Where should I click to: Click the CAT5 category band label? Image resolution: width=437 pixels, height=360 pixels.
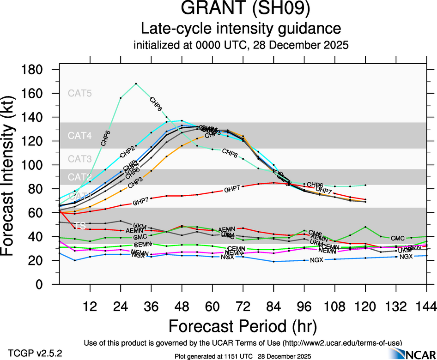[x=80, y=93]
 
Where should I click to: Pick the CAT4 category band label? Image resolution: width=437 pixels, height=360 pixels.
[x=80, y=136]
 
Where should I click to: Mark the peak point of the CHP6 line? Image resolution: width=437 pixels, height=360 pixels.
[x=136, y=84]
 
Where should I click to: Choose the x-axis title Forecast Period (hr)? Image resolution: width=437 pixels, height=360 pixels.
[x=243, y=325]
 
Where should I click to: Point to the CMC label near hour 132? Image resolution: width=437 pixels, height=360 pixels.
[x=398, y=238]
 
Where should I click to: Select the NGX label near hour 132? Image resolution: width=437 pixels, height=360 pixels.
[x=406, y=257]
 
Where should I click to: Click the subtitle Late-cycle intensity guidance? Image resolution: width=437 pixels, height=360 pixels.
[x=241, y=29]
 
